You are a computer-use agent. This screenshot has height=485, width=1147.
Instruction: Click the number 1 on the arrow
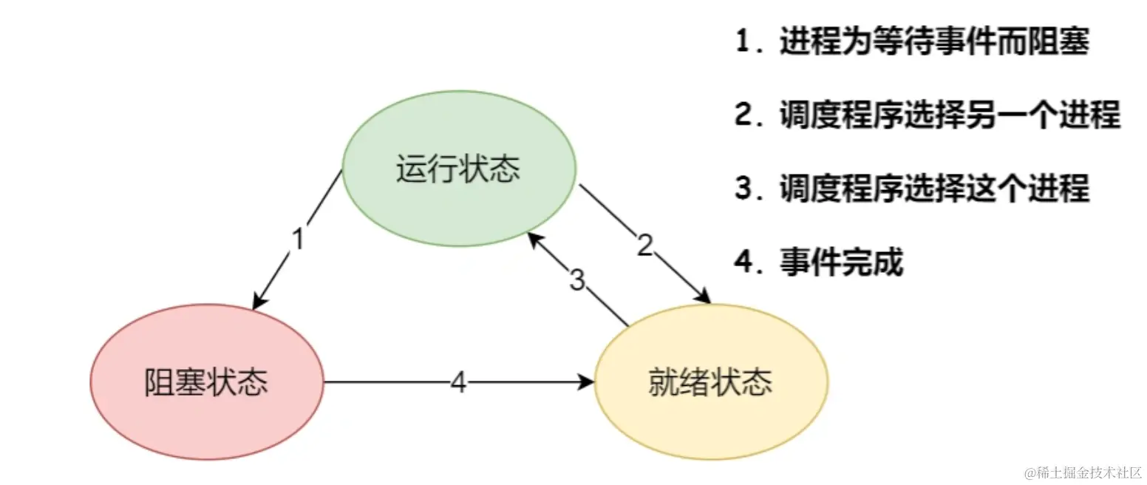pos(299,240)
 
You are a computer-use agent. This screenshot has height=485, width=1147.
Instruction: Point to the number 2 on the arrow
pos(646,246)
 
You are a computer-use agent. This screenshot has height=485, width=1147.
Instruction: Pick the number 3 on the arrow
pos(578,280)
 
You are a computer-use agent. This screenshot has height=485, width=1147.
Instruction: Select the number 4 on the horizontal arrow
pos(458,382)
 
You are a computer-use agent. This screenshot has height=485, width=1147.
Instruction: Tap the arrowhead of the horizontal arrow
pos(588,382)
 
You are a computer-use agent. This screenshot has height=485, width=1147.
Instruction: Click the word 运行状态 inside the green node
pos(458,169)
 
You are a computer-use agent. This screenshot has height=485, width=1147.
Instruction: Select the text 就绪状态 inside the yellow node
pos(711,382)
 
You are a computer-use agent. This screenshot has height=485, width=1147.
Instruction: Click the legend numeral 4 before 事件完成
pos(743,262)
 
